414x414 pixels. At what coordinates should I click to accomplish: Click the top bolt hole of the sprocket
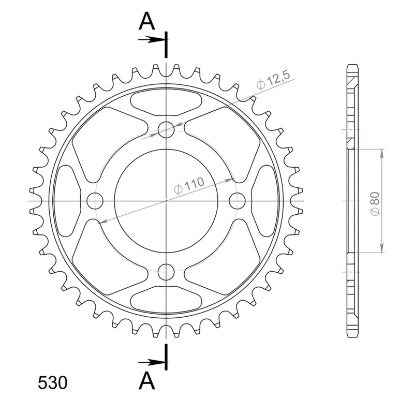click(x=166, y=130)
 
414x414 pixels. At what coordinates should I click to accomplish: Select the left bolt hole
click(x=95, y=201)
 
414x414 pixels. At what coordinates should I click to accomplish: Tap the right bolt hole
click(x=237, y=201)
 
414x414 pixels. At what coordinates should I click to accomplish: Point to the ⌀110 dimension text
click(x=189, y=185)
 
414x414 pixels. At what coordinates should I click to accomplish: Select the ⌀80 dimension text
click(x=375, y=203)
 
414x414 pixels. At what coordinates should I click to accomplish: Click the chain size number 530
click(x=53, y=383)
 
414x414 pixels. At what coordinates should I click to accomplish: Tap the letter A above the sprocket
click(x=147, y=21)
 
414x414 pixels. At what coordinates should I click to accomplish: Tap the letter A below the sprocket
click(x=147, y=381)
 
